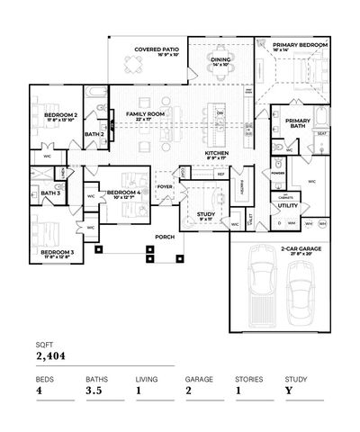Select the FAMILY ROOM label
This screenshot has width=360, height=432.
(145, 114)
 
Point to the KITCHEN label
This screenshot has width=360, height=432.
(218, 153)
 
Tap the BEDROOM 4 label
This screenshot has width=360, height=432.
(123, 193)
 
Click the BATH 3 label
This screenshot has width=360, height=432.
(49, 193)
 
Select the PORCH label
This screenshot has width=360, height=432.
(164, 238)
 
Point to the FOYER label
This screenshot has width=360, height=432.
(165, 188)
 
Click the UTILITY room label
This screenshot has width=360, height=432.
(288, 205)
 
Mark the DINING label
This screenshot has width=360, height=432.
(220, 60)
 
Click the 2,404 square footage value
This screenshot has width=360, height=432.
(52, 357)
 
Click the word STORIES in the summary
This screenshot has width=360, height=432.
(248, 380)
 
